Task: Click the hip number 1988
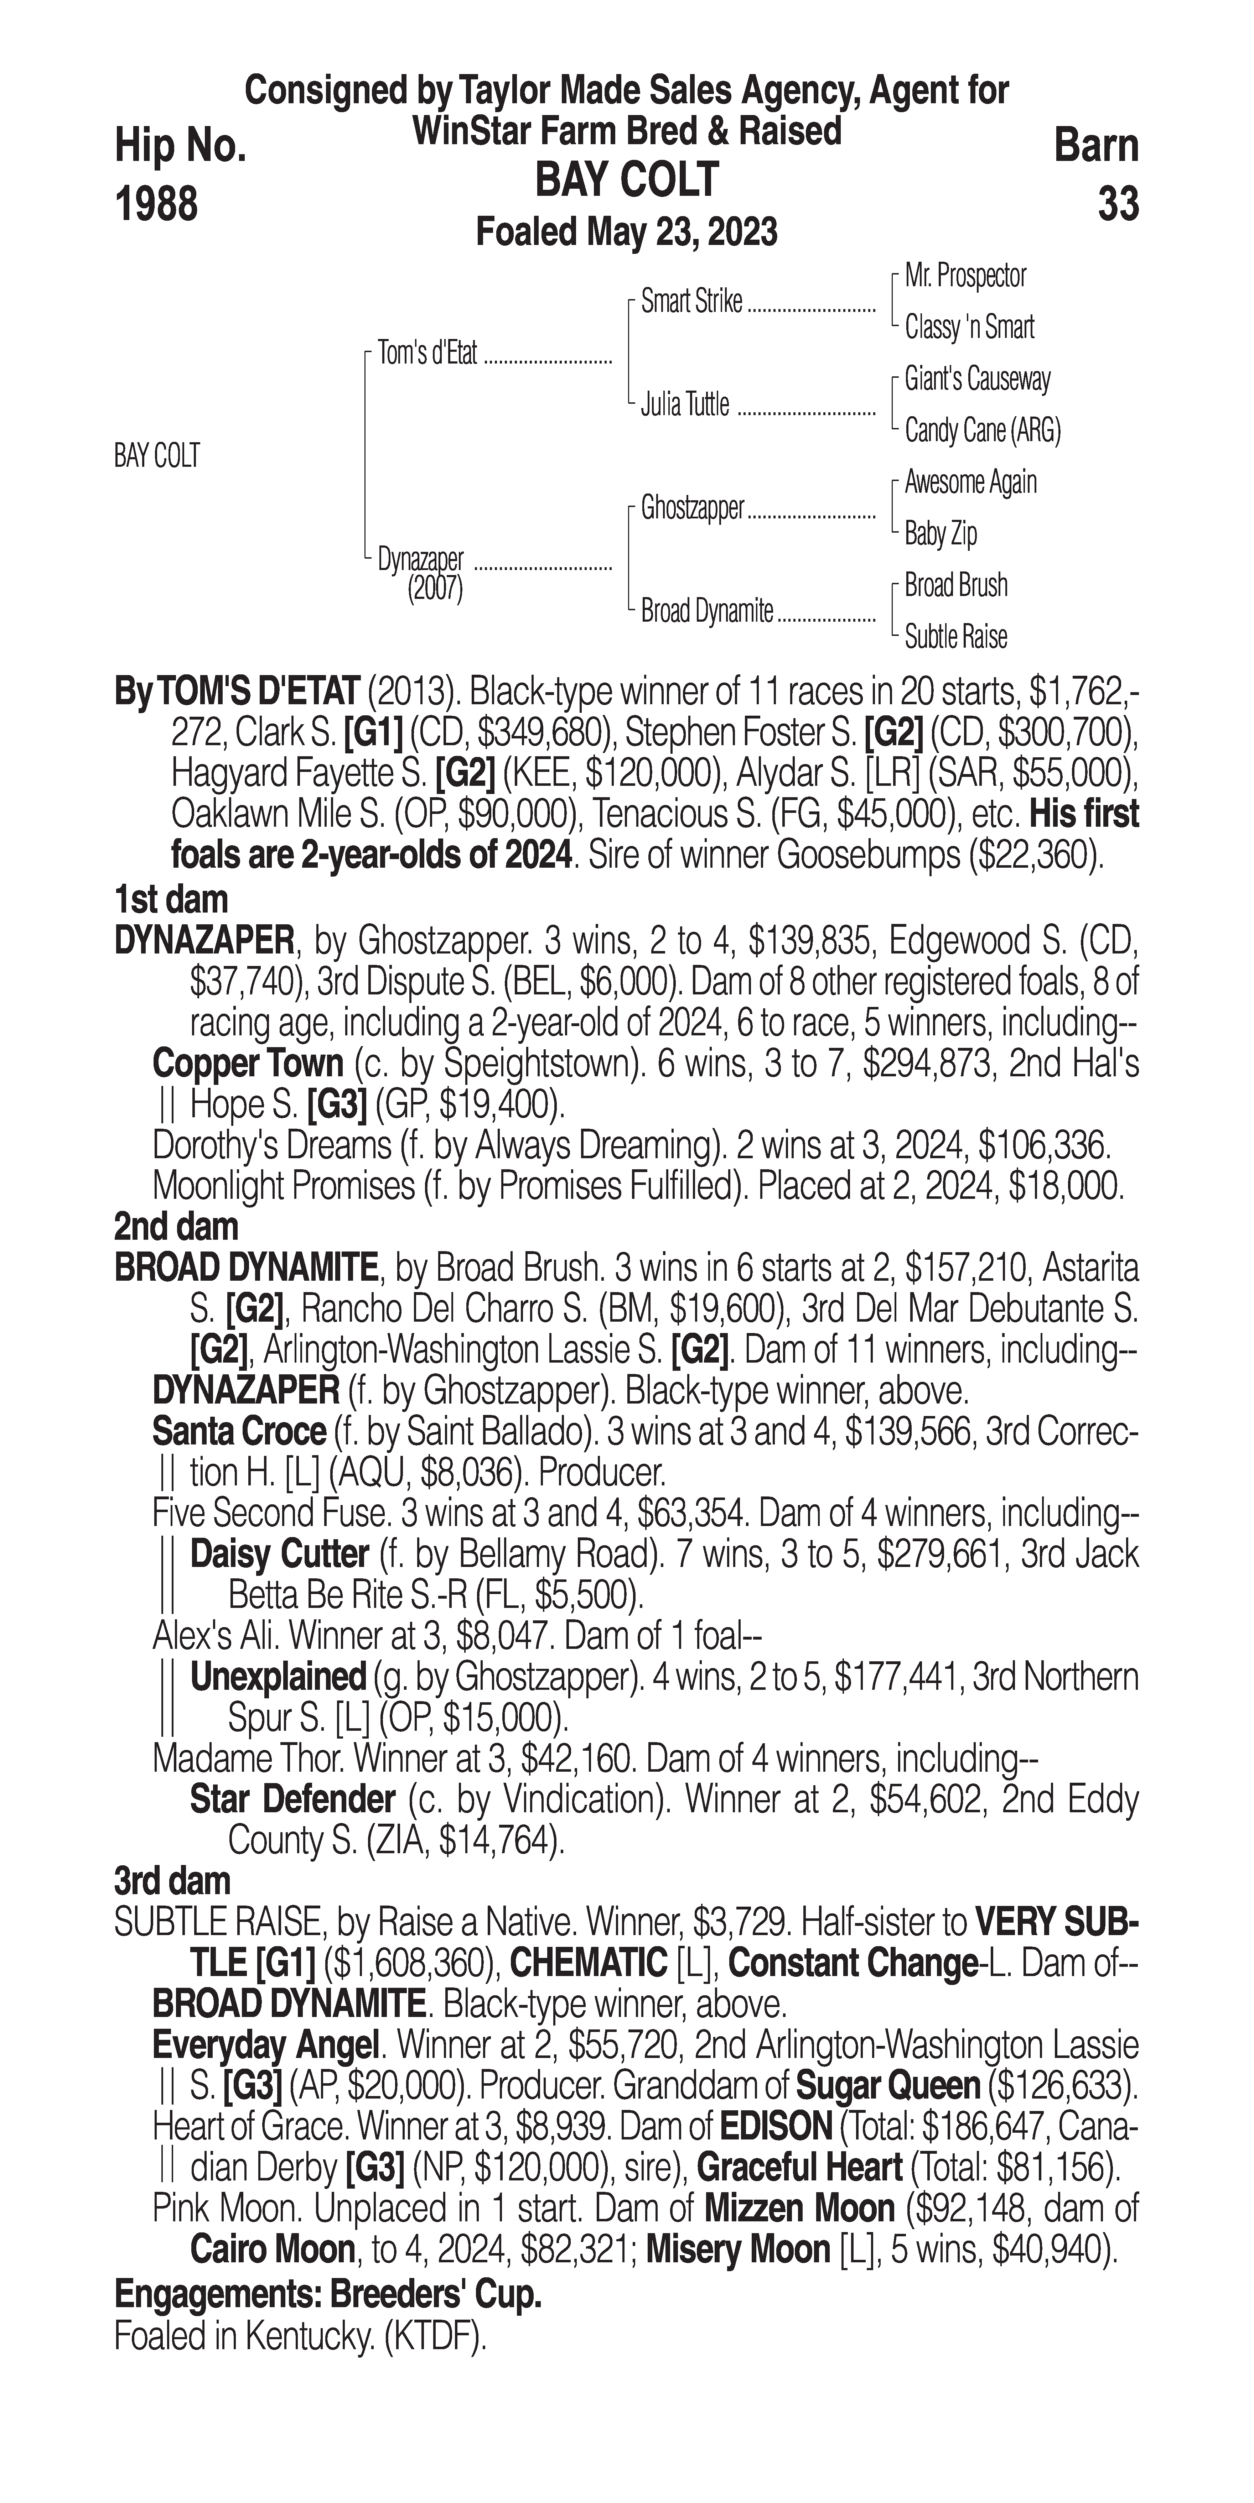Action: pyautogui.click(x=156, y=204)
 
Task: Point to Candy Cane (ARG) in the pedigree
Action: pyautogui.click(x=982, y=430)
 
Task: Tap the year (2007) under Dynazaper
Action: pyautogui.click(x=435, y=589)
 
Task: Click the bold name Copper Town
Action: pyautogui.click(x=248, y=1064)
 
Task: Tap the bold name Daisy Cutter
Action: pyautogui.click(x=279, y=1554)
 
